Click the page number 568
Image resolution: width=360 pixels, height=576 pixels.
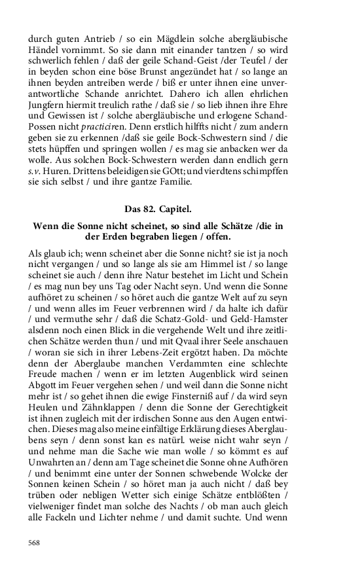pyautogui.click(x=35, y=542)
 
